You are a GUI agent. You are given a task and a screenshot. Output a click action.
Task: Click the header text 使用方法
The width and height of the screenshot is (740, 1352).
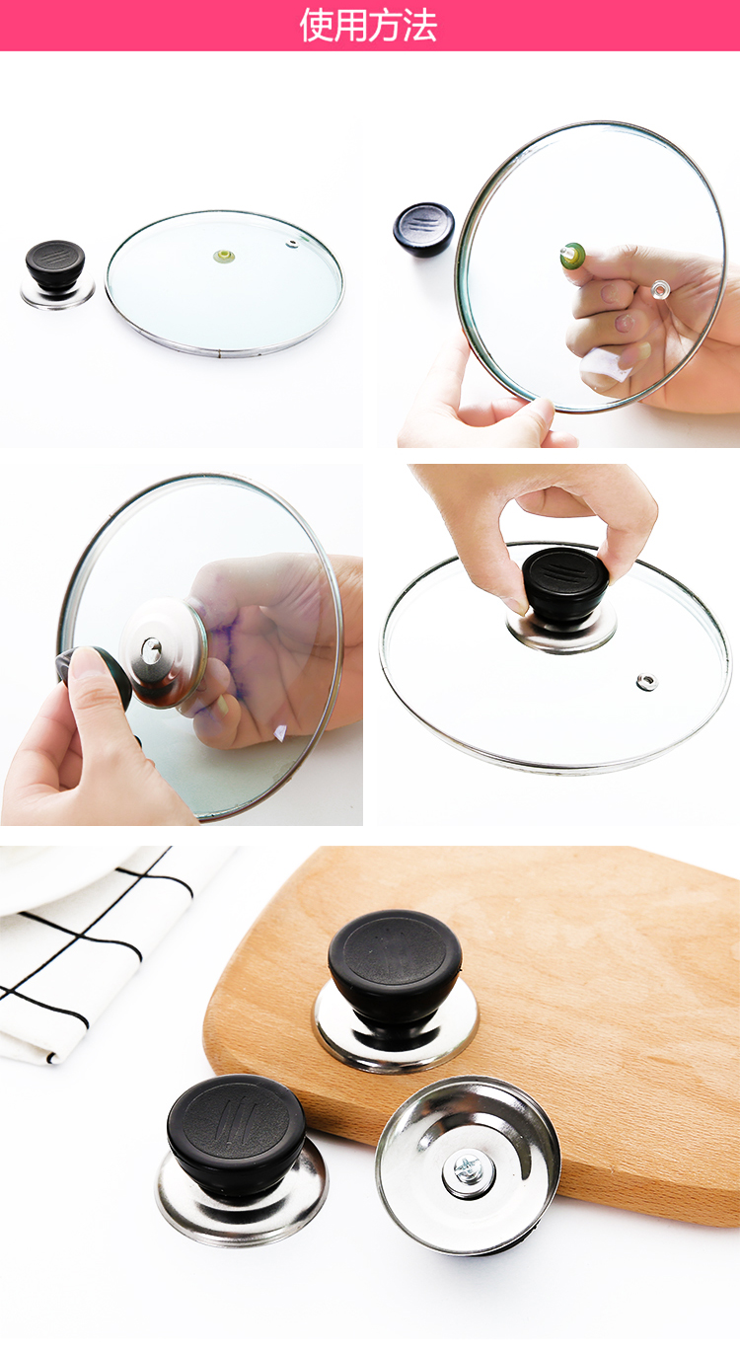click(369, 26)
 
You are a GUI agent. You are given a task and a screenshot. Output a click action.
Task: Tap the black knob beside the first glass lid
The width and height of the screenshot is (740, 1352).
click(54, 264)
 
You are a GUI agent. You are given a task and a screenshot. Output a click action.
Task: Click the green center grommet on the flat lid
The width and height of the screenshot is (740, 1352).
click(224, 256)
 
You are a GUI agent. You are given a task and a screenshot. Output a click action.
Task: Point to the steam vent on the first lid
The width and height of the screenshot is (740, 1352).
click(292, 244)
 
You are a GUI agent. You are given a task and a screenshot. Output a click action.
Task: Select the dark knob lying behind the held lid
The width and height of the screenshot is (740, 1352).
click(423, 228)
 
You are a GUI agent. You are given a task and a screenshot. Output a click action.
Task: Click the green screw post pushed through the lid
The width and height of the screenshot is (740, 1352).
click(571, 256)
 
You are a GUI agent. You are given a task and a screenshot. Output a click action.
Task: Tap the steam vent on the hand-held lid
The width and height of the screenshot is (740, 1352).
click(658, 290)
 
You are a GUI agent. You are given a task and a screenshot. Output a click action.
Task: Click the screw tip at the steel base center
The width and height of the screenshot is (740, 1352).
click(150, 648)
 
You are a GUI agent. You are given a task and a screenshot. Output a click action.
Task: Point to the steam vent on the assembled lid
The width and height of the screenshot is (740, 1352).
click(647, 683)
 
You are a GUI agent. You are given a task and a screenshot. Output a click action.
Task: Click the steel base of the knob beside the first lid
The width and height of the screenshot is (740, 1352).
click(58, 294)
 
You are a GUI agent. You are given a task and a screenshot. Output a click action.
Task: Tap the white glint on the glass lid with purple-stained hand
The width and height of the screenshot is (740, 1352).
click(280, 732)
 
